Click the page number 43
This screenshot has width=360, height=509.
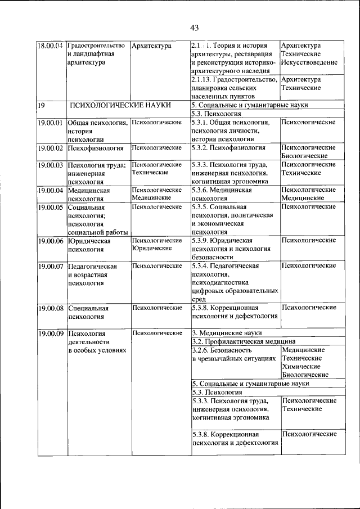point(195,27)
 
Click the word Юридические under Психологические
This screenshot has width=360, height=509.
point(151,248)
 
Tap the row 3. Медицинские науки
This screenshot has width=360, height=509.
point(227,333)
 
